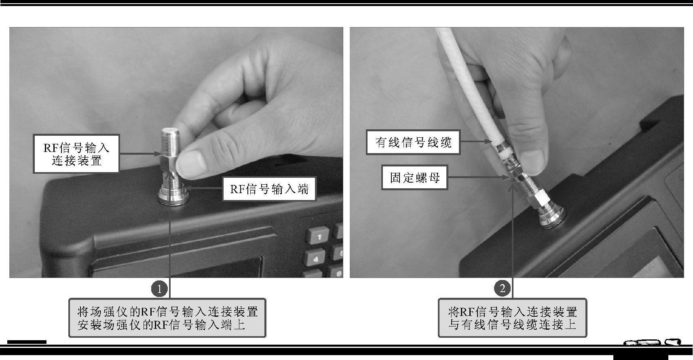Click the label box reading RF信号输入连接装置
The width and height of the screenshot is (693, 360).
(76, 154)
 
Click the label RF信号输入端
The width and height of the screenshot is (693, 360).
(269, 189)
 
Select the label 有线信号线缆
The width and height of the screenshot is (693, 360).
(413, 142)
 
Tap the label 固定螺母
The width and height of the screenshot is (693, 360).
(414, 177)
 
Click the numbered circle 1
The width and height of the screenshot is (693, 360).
(159, 289)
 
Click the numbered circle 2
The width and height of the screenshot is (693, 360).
(502, 288)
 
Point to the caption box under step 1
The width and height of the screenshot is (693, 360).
(167, 318)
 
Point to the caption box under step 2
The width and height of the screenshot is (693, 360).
(512, 318)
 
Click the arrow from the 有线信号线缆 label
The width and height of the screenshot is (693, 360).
(476, 142)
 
